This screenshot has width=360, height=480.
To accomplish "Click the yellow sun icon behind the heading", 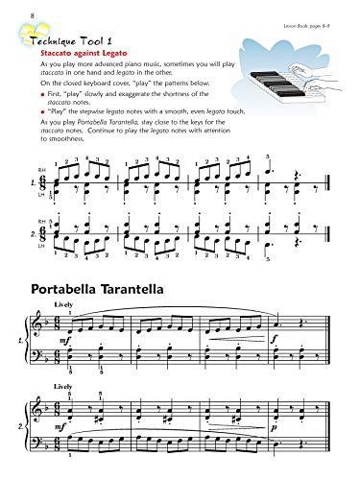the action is (20, 35).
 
